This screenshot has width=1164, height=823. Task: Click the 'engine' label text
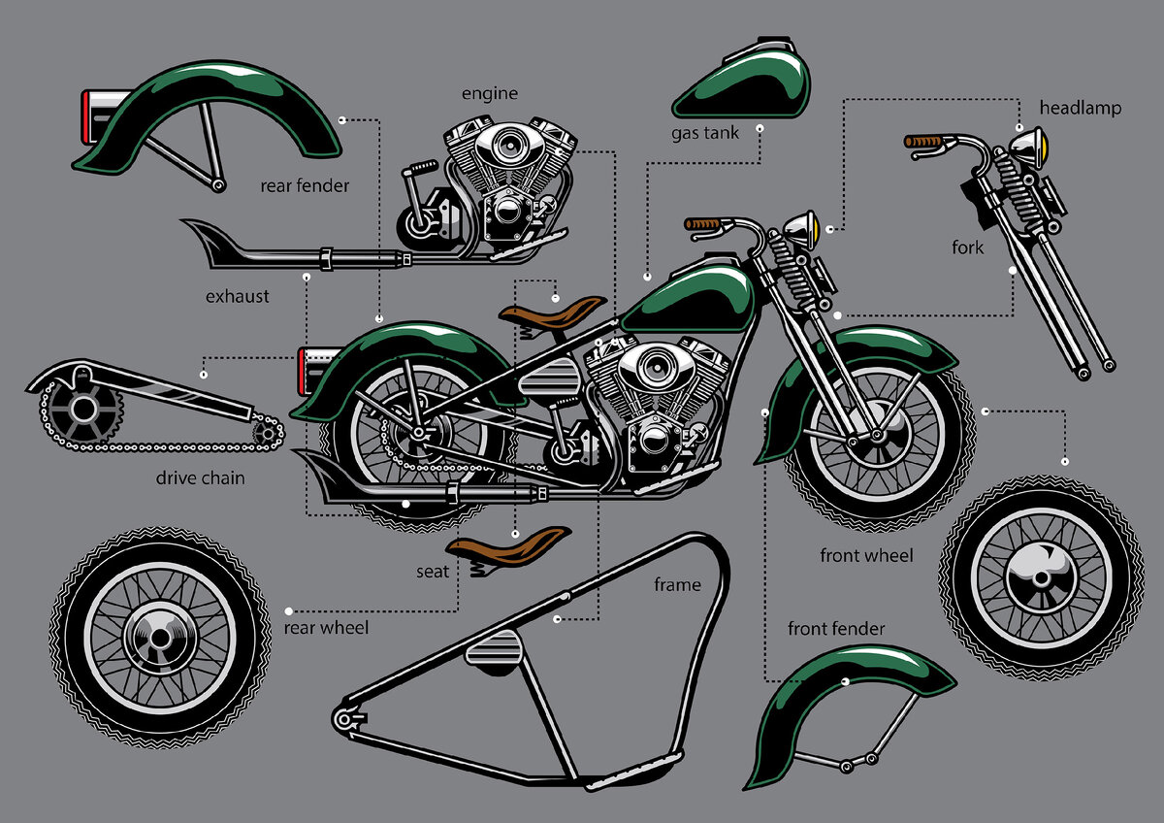[x=490, y=93]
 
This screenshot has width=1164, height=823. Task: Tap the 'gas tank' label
[x=704, y=133]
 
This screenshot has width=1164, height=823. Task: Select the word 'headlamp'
[x=1081, y=108]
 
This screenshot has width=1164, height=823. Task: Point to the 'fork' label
[x=968, y=247]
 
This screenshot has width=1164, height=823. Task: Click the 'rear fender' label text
[x=305, y=185]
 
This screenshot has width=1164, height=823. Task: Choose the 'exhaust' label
[x=237, y=296]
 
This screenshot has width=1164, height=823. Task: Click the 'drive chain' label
[x=200, y=477]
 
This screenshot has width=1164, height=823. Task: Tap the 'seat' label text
[x=433, y=572]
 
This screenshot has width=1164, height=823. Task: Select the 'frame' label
[x=677, y=585]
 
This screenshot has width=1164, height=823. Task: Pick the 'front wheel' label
[x=866, y=555]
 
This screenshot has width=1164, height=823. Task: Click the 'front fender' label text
[x=835, y=629]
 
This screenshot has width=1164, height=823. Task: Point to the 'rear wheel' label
[x=326, y=628]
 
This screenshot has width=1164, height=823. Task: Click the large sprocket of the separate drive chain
[x=83, y=411]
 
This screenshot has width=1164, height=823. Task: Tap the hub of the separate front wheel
[x=1042, y=578]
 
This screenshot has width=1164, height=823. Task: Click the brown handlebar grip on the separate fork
[x=922, y=142]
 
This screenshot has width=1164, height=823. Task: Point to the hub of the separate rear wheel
[x=160, y=638]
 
